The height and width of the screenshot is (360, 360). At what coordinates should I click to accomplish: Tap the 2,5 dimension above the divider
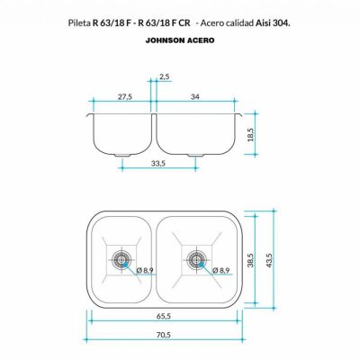point(163,78)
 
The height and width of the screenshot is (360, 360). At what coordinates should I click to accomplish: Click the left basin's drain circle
point(121,258)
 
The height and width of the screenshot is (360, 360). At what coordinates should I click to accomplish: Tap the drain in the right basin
point(194,258)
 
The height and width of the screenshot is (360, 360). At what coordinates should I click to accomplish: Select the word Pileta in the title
point(79,20)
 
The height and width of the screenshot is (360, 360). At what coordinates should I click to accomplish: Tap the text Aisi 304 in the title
point(271,20)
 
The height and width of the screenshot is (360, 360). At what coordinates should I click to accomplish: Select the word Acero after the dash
point(202,20)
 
